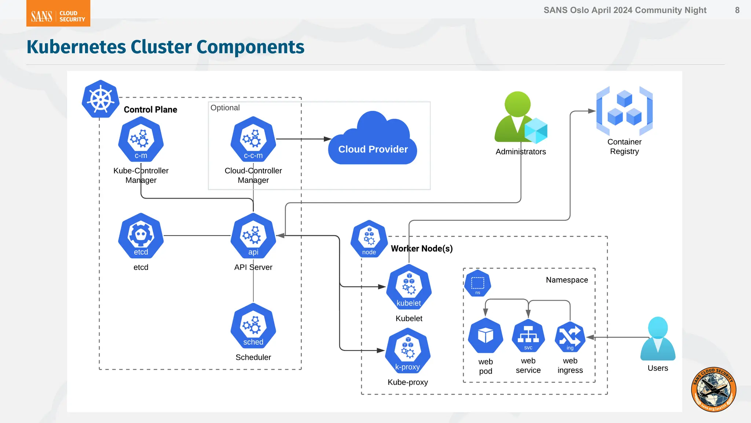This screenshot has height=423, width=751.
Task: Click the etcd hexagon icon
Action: click(x=141, y=236)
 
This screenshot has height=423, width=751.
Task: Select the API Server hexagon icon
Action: click(x=253, y=236)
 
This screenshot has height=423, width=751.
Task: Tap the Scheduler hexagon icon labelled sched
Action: click(x=253, y=326)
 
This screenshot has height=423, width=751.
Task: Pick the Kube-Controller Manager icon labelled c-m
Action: click(x=141, y=139)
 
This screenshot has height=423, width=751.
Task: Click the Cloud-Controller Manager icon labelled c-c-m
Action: click(x=253, y=139)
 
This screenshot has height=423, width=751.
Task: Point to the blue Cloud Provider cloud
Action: click(x=373, y=141)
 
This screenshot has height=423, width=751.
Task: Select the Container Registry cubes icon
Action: click(x=624, y=111)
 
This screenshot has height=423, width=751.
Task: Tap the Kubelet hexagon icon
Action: click(x=409, y=287)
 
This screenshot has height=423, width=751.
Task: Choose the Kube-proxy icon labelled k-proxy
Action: click(x=407, y=351)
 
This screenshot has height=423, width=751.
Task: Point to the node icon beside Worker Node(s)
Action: click(x=369, y=239)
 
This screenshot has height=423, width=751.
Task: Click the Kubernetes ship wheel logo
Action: click(x=100, y=99)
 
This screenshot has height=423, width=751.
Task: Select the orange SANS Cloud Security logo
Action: click(x=58, y=14)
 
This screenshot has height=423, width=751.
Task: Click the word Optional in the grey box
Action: click(x=225, y=108)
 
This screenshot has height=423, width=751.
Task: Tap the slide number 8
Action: click(x=737, y=10)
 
